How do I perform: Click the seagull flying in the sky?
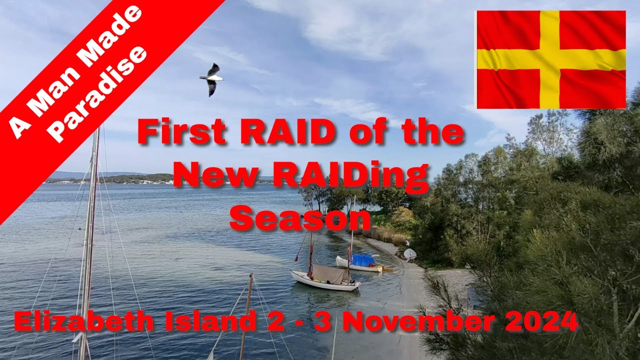tap(211, 78)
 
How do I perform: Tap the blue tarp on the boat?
tap(363, 260)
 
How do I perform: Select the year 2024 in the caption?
tap(542, 321)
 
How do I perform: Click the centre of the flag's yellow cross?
tap(549, 59)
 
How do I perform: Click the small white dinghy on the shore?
tap(409, 253)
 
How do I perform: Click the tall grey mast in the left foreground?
tap(89, 240)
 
